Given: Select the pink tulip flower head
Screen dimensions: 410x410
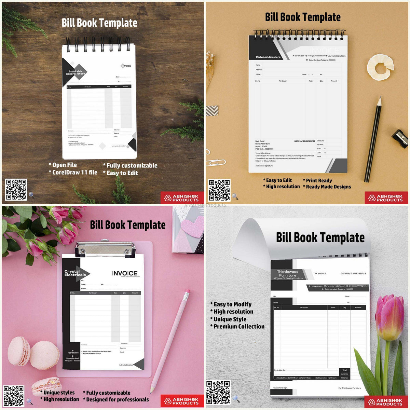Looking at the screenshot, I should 389,317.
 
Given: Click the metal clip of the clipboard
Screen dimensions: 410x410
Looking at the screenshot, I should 105,250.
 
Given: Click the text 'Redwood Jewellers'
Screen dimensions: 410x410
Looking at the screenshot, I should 268,57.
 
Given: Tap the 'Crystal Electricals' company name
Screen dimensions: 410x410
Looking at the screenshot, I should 75,273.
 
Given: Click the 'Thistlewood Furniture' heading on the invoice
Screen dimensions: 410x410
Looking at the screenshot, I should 288,273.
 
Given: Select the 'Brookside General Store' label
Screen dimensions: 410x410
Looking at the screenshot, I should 75,72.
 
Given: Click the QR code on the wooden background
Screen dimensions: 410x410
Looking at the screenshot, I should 16,190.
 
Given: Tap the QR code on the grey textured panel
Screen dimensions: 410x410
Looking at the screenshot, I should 218,392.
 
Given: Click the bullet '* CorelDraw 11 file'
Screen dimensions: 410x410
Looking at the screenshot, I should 73,173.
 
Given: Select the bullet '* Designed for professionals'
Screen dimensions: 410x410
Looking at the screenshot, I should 116,399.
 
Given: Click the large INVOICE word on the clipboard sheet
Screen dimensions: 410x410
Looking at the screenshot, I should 125,273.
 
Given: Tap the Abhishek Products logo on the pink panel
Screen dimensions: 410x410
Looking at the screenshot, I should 182,401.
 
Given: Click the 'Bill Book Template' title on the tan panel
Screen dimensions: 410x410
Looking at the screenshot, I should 303,17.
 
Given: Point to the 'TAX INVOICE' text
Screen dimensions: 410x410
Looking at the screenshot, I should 319,273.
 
